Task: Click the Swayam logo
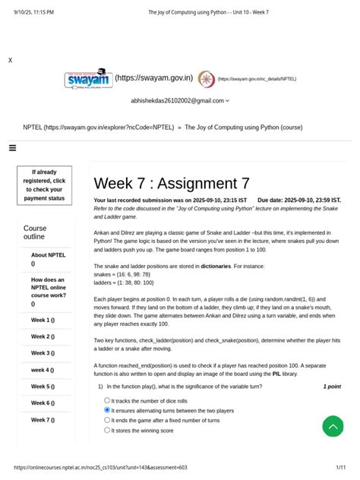pos(87,79)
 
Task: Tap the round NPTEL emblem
pos(206,78)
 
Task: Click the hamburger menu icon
pos(12,148)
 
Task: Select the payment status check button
pos(44,185)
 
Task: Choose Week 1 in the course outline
pos(42,320)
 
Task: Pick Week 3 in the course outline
pos(42,353)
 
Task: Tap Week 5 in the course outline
pos(42,387)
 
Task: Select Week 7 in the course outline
pos(42,420)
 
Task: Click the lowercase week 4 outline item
pos(42,370)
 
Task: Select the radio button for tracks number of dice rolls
pos(107,399)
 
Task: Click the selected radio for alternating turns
pos(107,409)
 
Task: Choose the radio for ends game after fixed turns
pos(107,419)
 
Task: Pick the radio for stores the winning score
pos(107,430)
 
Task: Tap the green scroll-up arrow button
pos(333,426)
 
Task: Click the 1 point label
pos(331,387)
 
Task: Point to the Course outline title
pos(35,232)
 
